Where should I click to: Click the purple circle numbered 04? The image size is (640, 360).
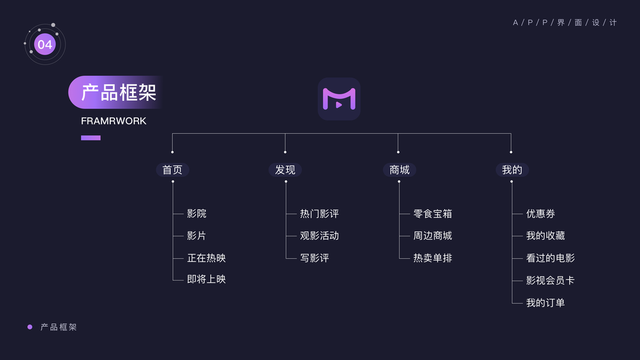tap(45, 44)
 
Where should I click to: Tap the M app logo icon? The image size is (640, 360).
tap(339, 99)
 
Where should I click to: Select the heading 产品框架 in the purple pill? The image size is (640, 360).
tap(118, 92)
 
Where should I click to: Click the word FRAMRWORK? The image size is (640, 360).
tap(113, 121)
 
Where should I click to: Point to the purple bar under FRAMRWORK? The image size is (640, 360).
tap(91, 137)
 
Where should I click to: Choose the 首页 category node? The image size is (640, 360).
tap(172, 170)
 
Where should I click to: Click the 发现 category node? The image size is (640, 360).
tap(285, 170)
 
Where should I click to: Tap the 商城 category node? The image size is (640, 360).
tap(399, 170)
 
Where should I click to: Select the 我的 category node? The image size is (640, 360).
tap(512, 170)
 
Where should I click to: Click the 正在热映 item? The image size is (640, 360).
tap(206, 258)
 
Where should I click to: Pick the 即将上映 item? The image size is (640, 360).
tap(206, 279)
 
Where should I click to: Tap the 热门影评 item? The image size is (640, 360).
tap(319, 214)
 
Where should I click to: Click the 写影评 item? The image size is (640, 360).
tap(314, 258)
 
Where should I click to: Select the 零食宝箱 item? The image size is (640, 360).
tap(432, 214)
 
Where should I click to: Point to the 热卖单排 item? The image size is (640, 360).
tap(432, 258)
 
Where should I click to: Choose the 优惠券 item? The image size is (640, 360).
tap(540, 214)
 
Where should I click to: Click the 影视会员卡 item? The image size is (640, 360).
tap(550, 280)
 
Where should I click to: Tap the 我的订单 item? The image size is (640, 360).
tap(545, 303)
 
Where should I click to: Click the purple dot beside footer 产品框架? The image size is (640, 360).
tap(30, 327)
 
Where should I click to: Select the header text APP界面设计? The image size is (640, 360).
tap(564, 23)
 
